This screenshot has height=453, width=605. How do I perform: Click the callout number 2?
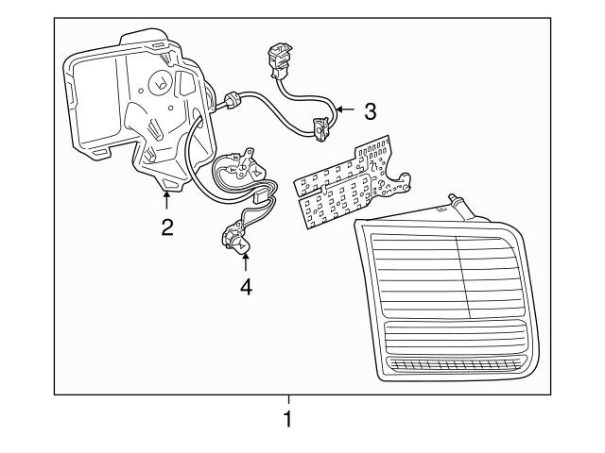tap(166, 226)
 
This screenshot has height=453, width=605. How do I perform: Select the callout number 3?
tap(370, 111)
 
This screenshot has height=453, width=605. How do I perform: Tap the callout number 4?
tap(246, 286)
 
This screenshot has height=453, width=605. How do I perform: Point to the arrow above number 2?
tap(166, 199)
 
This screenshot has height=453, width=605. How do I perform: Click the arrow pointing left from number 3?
tap(344, 110)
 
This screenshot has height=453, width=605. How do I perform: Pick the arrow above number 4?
tap(246, 260)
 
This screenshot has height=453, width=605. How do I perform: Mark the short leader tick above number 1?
tap(288, 399)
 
